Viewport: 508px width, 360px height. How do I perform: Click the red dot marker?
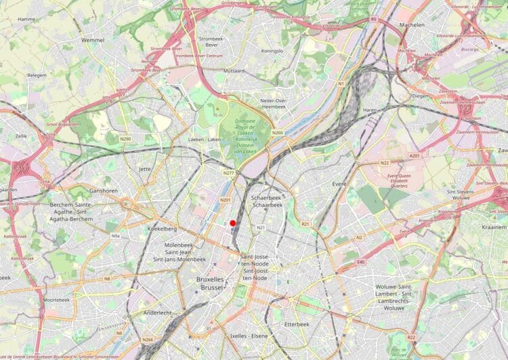pos(232,223)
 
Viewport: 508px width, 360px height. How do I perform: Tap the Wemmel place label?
pos(92,40)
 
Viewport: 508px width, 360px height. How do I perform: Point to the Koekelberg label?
pos(162,229)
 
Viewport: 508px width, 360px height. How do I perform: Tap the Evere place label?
pos(339,183)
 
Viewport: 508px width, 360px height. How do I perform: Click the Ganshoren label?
pos(104,191)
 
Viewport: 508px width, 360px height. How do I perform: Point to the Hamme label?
pos(27,19)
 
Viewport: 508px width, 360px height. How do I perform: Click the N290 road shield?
pos(126,138)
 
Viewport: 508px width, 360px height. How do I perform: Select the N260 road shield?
pos(277,132)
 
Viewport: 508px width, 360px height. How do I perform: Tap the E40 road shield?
pos(360,262)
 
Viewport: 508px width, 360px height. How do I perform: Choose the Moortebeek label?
pos(56,299)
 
